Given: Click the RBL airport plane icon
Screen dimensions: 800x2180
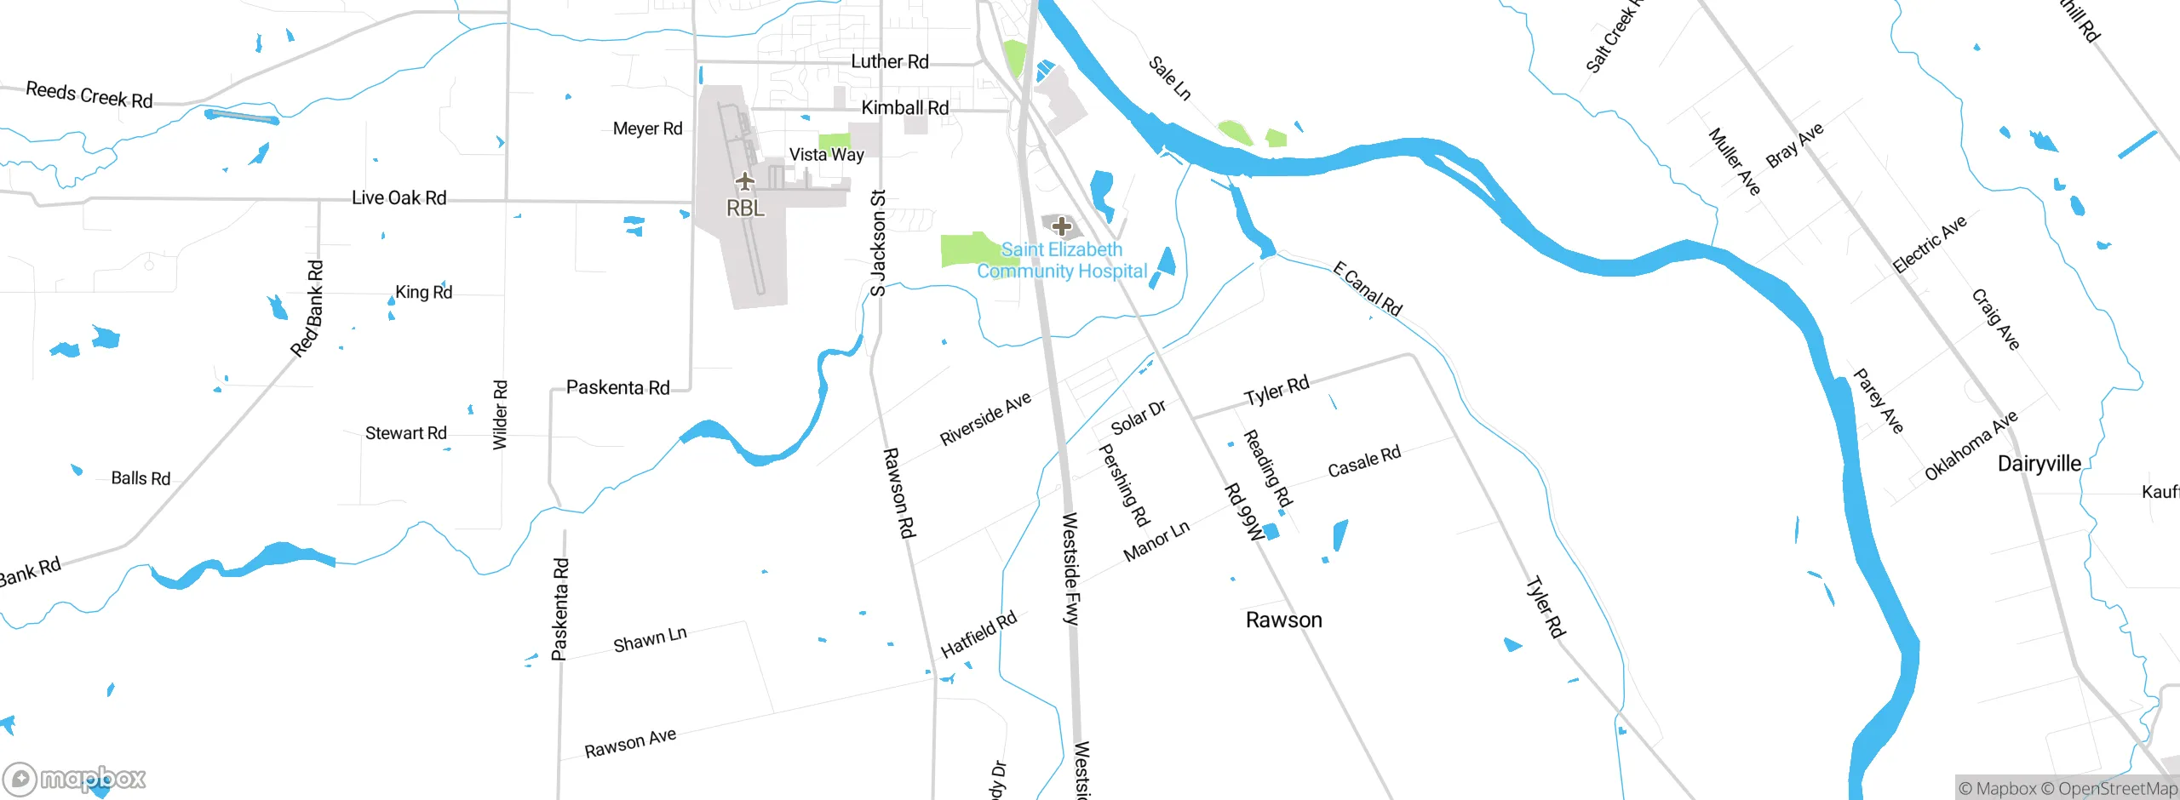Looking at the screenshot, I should [x=745, y=181].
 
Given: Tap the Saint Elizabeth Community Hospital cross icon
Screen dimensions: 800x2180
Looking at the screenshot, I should [x=1061, y=226].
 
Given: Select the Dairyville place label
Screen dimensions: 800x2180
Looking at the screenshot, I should [x=2039, y=464].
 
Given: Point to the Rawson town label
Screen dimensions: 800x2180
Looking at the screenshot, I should [x=1283, y=620].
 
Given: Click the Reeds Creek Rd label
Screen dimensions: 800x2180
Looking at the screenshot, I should [x=89, y=94].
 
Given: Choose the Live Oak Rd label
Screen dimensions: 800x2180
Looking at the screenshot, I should [x=399, y=198].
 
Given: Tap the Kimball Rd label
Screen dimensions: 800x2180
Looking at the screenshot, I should [x=904, y=108].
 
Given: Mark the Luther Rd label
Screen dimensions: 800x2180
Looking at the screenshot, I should [x=889, y=62].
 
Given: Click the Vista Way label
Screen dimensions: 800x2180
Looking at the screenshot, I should [x=826, y=155].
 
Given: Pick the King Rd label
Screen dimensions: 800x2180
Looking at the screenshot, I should [x=423, y=293].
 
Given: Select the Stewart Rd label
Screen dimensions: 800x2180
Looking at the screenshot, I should [x=405, y=433].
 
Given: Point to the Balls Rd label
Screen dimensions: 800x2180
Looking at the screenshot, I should [x=141, y=478].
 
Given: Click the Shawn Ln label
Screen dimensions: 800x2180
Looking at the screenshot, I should [x=650, y=640].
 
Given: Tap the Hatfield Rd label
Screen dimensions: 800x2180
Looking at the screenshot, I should [x=978, y=635].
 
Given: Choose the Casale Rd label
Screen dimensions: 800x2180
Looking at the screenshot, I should [x=1364, y=462].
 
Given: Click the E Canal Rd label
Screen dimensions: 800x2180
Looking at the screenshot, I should [x=1368, y=289].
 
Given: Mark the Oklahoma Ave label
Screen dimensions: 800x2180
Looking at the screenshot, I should [x=1971, y=446].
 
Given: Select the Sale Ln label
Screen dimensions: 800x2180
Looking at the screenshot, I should [x=1170, y=78].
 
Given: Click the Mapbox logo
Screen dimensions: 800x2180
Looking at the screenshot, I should [x=75, y=779].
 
